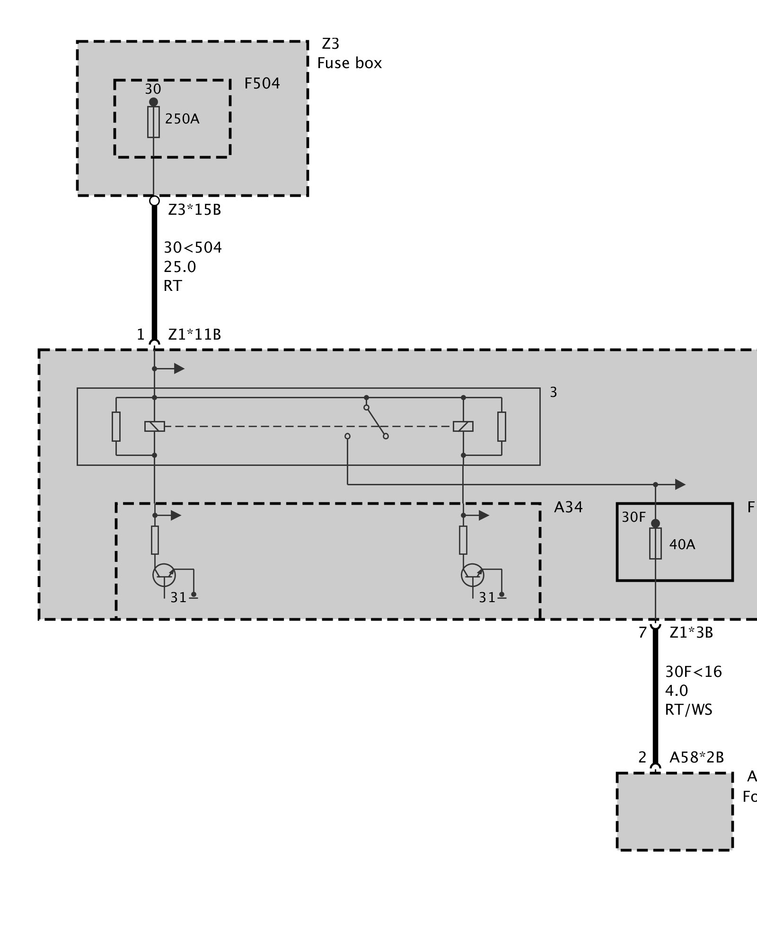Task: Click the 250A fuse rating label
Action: (x=182, y=119)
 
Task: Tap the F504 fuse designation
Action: (x=262, y=84)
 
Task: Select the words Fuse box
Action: (x=349, y=63)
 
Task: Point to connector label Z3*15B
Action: (x=194, y=210)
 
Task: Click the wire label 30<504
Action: (x=193, y=247)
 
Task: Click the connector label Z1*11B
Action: (x=194, y=335)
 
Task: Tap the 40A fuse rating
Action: (x=682, y=544)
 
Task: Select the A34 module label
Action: (x=568, y=508)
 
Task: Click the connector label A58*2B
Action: (x=696, y=757)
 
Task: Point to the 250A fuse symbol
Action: (x=153, y=122)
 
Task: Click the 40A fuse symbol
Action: (x=655, y=543)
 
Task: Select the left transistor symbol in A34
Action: (x=164, y=575)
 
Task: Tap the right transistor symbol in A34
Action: (x=472, y=575)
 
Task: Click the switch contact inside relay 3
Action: (x=376, y=421)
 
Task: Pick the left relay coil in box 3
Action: (x=154, y=426)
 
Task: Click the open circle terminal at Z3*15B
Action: (x=154, y=201)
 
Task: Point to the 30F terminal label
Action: (x=633, y=517)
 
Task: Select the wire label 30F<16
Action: (x=693, y=672)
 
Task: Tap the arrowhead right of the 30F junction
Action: (x=680, y=484)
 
